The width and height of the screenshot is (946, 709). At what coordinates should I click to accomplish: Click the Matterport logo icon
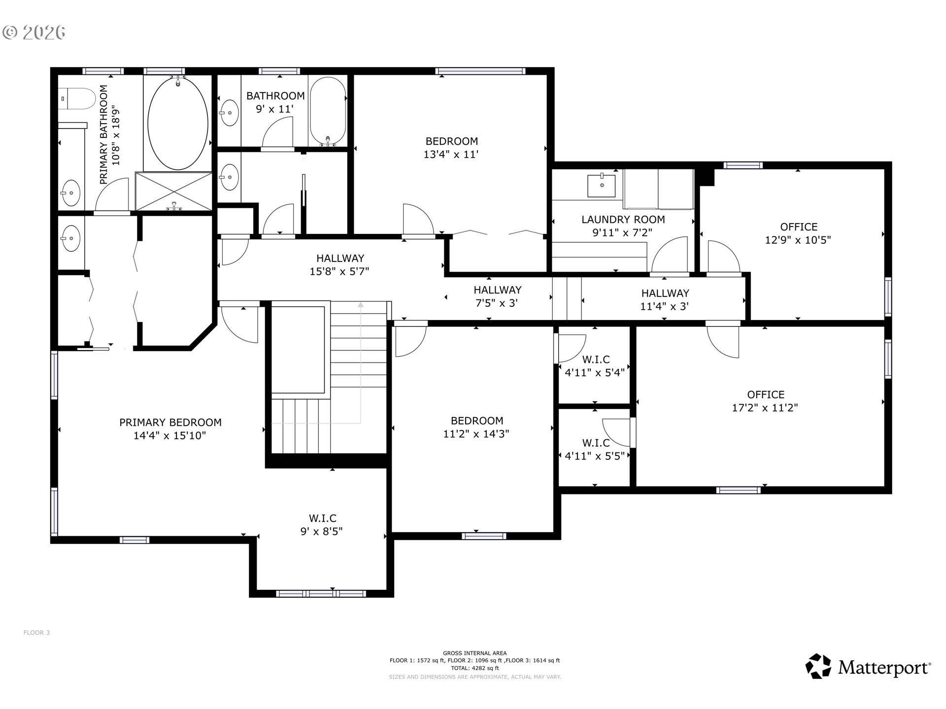coord(818,666)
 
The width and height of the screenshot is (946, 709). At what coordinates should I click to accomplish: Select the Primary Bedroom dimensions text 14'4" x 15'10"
coord(169,436)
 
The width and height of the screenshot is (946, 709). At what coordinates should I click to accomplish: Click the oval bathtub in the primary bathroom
coord(178,123)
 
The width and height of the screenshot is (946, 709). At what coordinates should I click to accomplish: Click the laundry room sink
coord(601,185)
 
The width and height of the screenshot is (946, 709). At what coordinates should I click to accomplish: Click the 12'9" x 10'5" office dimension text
coord(798,240)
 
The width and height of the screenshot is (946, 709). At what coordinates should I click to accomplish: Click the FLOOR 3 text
coord(36,633)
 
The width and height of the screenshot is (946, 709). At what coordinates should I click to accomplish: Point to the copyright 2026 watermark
coord(34,32)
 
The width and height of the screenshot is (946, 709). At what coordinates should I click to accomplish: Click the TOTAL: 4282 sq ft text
coord(475,669)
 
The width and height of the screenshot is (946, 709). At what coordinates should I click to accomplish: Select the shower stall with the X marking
coord(173,191)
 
